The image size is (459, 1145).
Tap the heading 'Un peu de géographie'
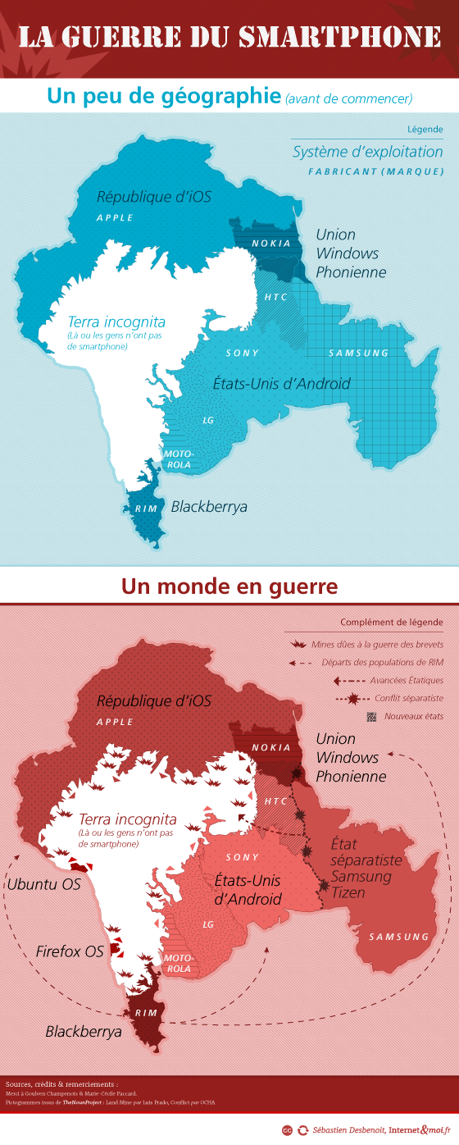pyautogui.click(x=164, y=96)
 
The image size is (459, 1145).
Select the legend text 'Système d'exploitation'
pyautogui.click(x=367, y=152)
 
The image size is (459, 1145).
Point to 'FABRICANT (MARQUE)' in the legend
pyautogui.click(x=376, y=171)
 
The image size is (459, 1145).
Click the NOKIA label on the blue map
pyautogui.click(x=270, y=244)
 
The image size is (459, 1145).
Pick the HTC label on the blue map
pyautogui.click(x=276, y=296)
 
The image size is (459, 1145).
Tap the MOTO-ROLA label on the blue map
pyautogui.click(x=178, y=459)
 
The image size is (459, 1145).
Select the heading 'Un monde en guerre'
pyautogui.click(x=229, y=587)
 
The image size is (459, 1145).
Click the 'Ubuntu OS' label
pyautogui.click(x=43, y=884)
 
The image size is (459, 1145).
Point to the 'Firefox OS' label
pyautogui.click(x=70, y=951)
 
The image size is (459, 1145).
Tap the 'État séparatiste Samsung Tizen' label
pyautogui.click(x=366, y=868)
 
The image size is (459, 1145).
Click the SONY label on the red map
pyautogui.click(x=242, y=857)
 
